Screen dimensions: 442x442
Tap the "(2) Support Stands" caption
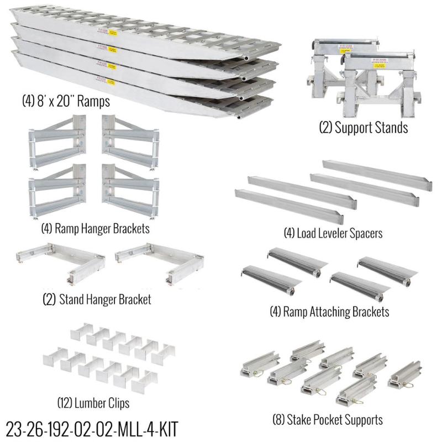(364, 128)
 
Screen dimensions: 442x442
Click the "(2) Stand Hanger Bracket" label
(97, 300)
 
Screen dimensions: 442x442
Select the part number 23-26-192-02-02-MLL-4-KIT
(92, 428)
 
